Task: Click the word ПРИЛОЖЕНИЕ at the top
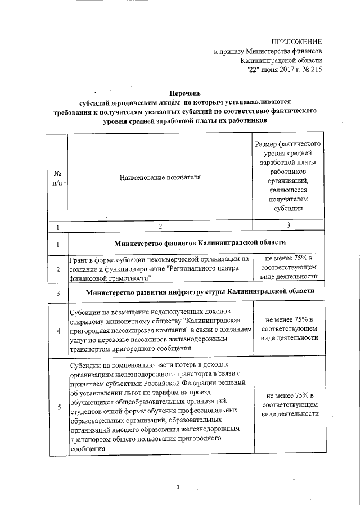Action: [x=296, y=42]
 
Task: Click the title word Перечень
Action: [x=185, y=93]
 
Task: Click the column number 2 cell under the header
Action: [x=160, y=226]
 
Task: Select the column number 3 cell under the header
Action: [x=288, y=226]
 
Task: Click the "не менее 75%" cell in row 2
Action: [x=288, y=268]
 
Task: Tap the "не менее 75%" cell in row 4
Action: [x=288, y=328]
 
